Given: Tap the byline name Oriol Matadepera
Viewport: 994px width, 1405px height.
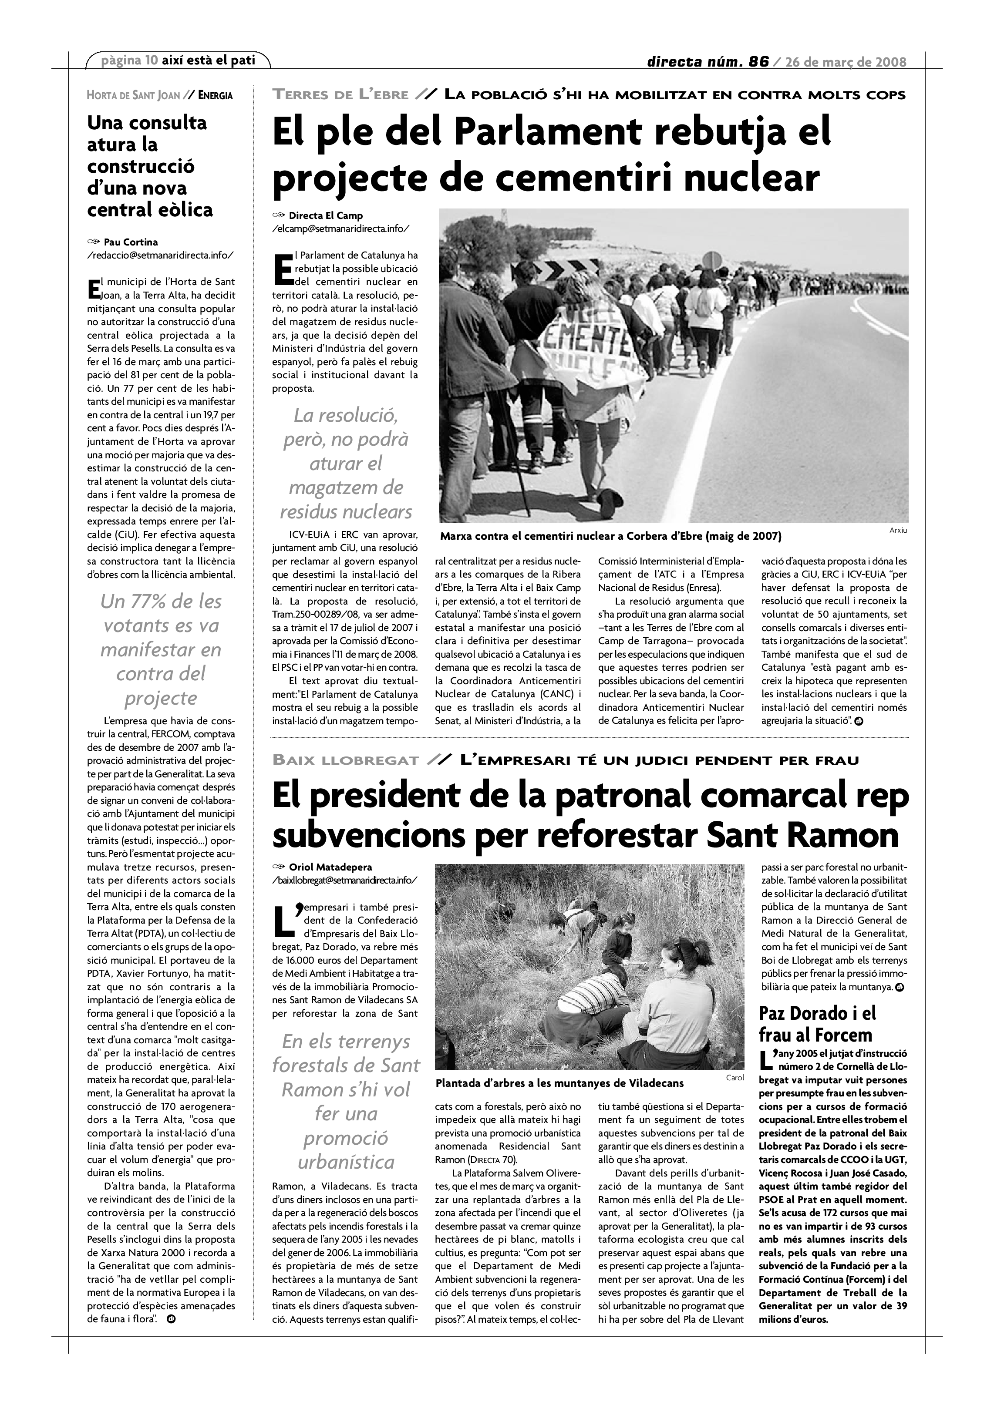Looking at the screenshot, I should pyautogui.click(x=330, y=867).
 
